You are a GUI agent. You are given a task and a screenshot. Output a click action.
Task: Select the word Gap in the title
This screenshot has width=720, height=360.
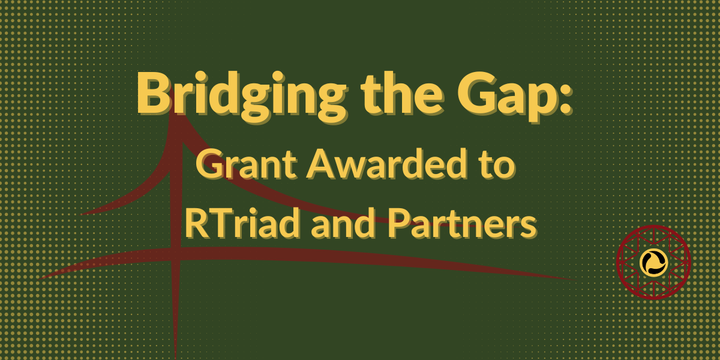pyautogui.click(x=505, y=96)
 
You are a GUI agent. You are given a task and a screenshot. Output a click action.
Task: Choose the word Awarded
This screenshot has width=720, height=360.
pyautogui.click(x=386, y=163)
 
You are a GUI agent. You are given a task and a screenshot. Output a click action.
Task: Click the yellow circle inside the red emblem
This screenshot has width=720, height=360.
pyautogui.click(x=653, y=262)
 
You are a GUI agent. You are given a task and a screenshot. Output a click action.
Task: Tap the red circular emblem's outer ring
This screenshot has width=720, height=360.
pyautogui.click(x=617, y=262)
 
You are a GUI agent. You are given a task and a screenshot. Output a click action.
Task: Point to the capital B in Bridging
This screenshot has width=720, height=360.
pyautogui.click(x=154, y=92)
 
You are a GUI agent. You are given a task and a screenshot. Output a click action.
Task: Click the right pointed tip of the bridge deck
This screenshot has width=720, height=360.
pyautogui.click(x=575, y=280)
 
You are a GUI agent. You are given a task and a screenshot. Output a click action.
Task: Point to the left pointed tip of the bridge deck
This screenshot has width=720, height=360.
pyautogui.click(x=38, y=280)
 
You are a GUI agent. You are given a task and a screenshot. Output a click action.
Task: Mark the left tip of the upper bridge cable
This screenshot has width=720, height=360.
pyautogui.click(x=80, y=214)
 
